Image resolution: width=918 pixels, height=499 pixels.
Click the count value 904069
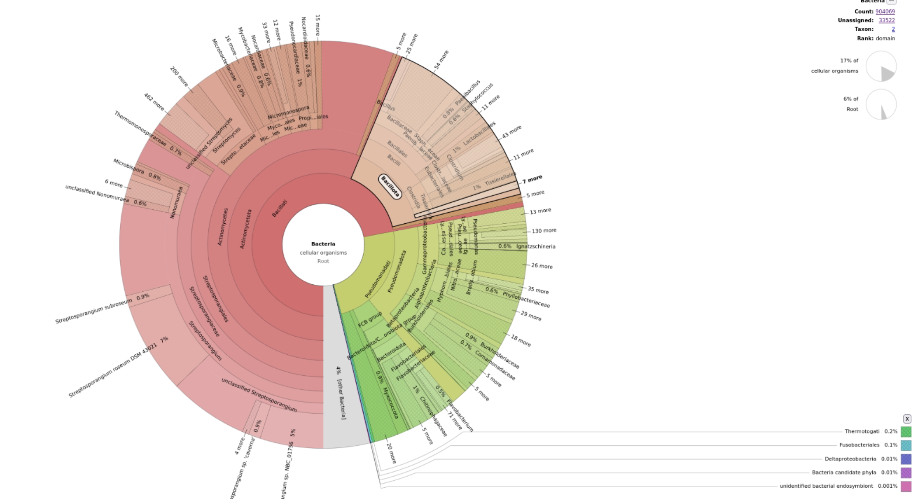coord(885,11)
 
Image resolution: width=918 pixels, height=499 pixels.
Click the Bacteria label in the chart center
coord(323,244)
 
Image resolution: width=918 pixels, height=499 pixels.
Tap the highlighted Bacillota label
coord(390,187)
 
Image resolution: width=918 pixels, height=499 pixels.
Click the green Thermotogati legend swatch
coord(906,431)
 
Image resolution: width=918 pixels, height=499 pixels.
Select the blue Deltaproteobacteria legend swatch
coord(906,459)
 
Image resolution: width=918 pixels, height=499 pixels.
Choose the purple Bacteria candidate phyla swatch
coord(906,473)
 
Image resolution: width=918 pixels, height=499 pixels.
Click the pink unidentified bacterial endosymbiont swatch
coord(906,486)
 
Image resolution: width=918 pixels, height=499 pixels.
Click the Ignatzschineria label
coord(535,246)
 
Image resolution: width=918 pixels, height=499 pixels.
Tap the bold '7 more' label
coord(532,179)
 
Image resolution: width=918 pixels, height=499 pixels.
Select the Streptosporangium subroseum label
coord(94,311)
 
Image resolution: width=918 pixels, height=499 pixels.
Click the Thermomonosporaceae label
coord(140,128)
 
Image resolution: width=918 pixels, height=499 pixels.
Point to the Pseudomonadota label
coord(397,271)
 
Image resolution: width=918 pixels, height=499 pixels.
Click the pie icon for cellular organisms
coord(880,66)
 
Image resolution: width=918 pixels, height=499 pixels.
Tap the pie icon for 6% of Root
coord(880,104)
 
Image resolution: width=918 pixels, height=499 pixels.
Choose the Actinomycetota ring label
coord(246,229)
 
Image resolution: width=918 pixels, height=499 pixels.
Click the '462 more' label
coord(154,102)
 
